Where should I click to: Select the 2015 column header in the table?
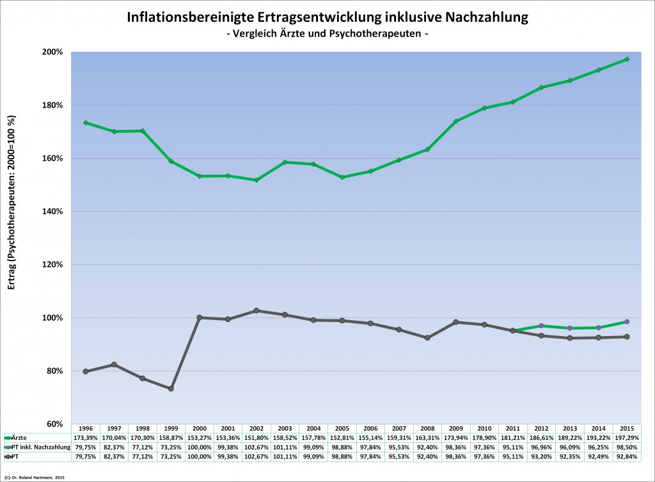point(627,428)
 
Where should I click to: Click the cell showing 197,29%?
point(627,437)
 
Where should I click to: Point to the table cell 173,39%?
point(85,437)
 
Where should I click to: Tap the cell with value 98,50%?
point(627,447)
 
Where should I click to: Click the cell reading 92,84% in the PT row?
point(627,456)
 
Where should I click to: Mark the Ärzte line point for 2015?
point(627,60)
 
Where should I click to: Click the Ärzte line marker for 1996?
point(86,122)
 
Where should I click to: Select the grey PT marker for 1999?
point(171,389)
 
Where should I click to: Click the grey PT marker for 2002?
point(256,310)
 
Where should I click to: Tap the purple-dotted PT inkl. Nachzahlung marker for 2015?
point(627,321)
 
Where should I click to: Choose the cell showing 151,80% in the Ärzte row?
point(256,437)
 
